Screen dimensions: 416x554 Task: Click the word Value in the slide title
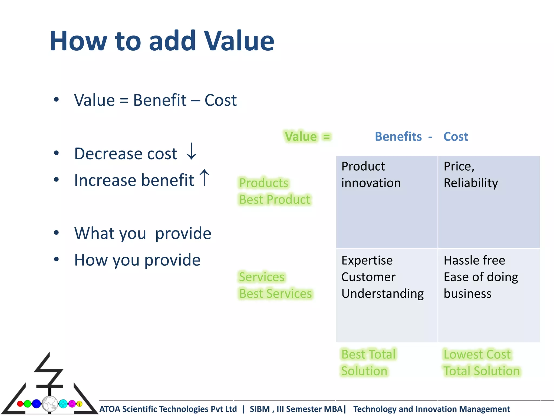(x=239, y=41)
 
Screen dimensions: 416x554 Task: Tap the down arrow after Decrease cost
(x=192, y=152)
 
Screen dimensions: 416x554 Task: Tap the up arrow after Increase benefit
(x=205, y=178)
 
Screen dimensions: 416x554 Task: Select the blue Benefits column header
(x=398, y=136)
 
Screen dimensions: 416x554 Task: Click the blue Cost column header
(x=456, y=136)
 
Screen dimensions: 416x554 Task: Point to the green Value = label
(x=308, y=136)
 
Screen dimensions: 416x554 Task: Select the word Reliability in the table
(x=471, y=183)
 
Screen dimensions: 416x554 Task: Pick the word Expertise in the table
(x=367, y=261)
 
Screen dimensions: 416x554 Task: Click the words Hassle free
(x=474, y=261)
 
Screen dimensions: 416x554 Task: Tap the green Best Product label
(x=275, y=200)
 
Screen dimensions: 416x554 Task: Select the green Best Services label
(x=275, y=294)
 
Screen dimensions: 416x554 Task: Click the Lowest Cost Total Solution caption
(x=482, y=363)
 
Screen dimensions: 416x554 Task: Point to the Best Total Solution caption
(x=368, y=363)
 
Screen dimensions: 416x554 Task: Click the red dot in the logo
(x=20, y=404)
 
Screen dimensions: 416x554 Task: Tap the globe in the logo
(x=50, y=404)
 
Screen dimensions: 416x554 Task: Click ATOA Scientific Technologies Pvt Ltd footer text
(x=168, y=409)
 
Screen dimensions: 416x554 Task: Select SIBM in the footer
(x=260, y=409)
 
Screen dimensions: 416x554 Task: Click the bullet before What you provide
(x=56, y=233)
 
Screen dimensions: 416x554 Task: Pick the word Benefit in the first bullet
(x=160, y=100)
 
